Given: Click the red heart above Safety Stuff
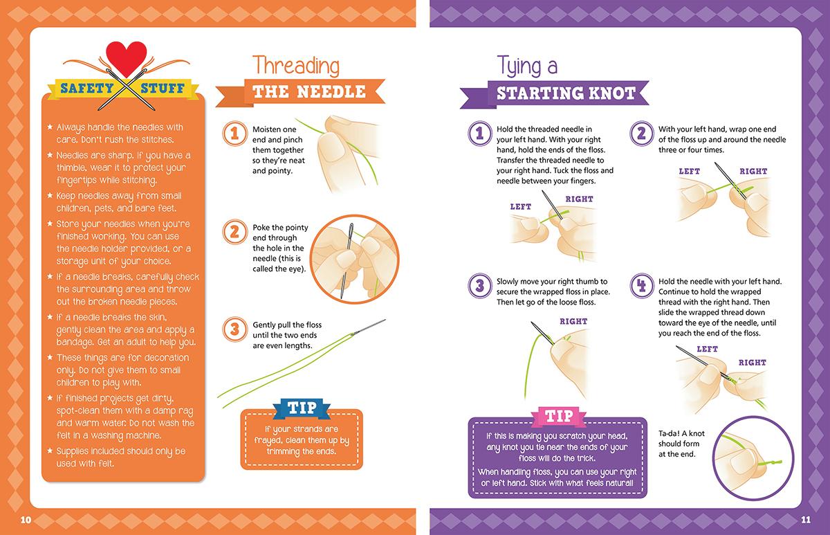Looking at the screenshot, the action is [127, 57].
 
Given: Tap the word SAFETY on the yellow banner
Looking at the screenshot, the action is [87, 89].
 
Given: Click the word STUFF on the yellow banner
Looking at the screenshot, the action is [163, 89].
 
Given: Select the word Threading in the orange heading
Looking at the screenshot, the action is [296, 66].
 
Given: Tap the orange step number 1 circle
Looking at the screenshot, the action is [234, 134].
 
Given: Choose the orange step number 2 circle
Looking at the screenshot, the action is [234, 232].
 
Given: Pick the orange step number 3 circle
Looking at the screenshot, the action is [234, 329].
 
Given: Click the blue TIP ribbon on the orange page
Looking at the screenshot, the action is [302, 408].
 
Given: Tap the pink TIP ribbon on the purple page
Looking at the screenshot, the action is [559, 416].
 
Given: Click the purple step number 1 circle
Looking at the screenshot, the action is [480, 134].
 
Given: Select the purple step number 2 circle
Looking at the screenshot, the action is [642, 134].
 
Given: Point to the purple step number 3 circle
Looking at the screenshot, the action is [480, 286].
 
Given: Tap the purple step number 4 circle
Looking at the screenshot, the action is [642, 286].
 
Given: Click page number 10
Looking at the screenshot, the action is [26, 520].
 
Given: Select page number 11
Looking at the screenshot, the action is [806, 520].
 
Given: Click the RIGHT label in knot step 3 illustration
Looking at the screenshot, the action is [573, 321].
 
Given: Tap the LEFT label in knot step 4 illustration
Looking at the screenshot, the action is [707, 349].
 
